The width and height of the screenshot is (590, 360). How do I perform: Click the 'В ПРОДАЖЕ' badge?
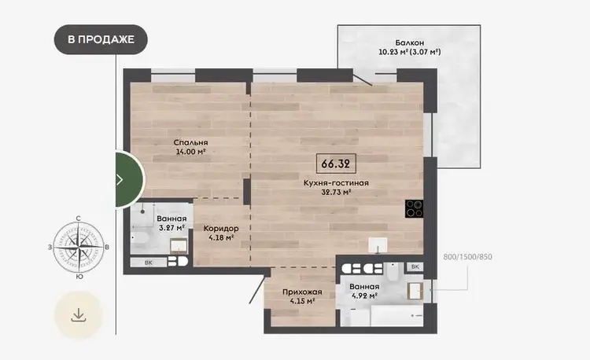pos(101,39)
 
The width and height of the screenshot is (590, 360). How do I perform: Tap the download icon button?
pos(79,315)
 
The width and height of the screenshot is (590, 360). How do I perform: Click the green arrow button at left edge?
pos(126,180)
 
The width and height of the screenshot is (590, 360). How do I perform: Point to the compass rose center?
pos(78,248)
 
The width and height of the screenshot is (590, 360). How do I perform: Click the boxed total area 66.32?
pos(336,163)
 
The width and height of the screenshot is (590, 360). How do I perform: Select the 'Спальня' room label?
pos(191,142)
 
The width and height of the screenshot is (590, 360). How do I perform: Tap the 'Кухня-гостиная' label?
pos(336,183)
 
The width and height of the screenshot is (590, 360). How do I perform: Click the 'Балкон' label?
pos(409,42)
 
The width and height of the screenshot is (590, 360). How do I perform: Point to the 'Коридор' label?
pos(221,228)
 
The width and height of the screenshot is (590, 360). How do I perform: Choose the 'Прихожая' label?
pos(302,292)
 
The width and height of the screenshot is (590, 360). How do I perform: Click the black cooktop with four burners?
pos(415,208)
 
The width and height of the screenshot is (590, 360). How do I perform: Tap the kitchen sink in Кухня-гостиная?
pos(378,245)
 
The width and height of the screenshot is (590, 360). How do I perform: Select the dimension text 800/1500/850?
pos(468,257)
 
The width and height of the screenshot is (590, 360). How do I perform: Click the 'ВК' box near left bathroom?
pos(149,263)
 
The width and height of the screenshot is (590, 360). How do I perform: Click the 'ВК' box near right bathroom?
pos(415,266)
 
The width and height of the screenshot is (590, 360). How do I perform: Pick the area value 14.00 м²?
pos(191,152)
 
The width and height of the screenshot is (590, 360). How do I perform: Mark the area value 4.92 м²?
pos(364,296)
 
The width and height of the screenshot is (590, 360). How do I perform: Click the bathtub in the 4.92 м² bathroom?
pos(397,316)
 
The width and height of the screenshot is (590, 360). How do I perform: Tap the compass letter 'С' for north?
pos(78,219)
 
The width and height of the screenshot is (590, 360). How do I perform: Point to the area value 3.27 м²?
pos(171,228)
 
